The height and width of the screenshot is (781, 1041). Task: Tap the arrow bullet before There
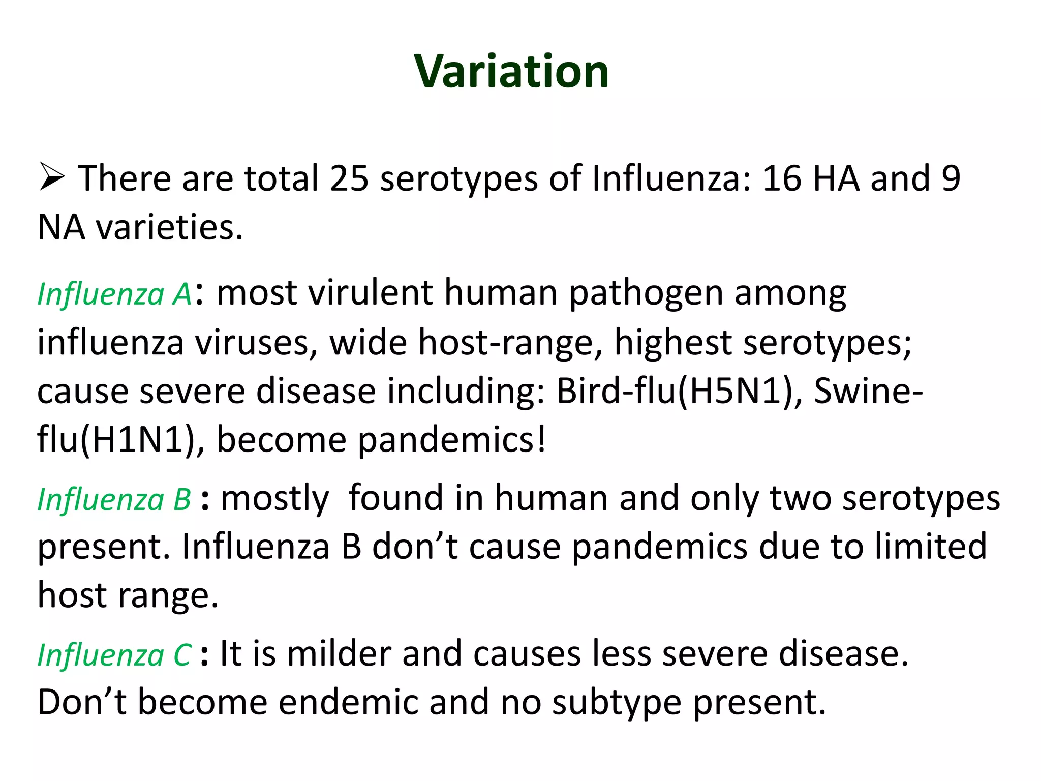[51, 178]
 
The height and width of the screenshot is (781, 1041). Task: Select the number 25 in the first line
[349, 179]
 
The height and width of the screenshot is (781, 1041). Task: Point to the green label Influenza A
[114, 294]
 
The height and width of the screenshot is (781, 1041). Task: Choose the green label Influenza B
[114, 499]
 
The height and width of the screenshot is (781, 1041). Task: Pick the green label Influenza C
[114, 655]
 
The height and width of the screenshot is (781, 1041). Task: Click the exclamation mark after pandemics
[542, 439]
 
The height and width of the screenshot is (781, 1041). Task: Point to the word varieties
[170, 227]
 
